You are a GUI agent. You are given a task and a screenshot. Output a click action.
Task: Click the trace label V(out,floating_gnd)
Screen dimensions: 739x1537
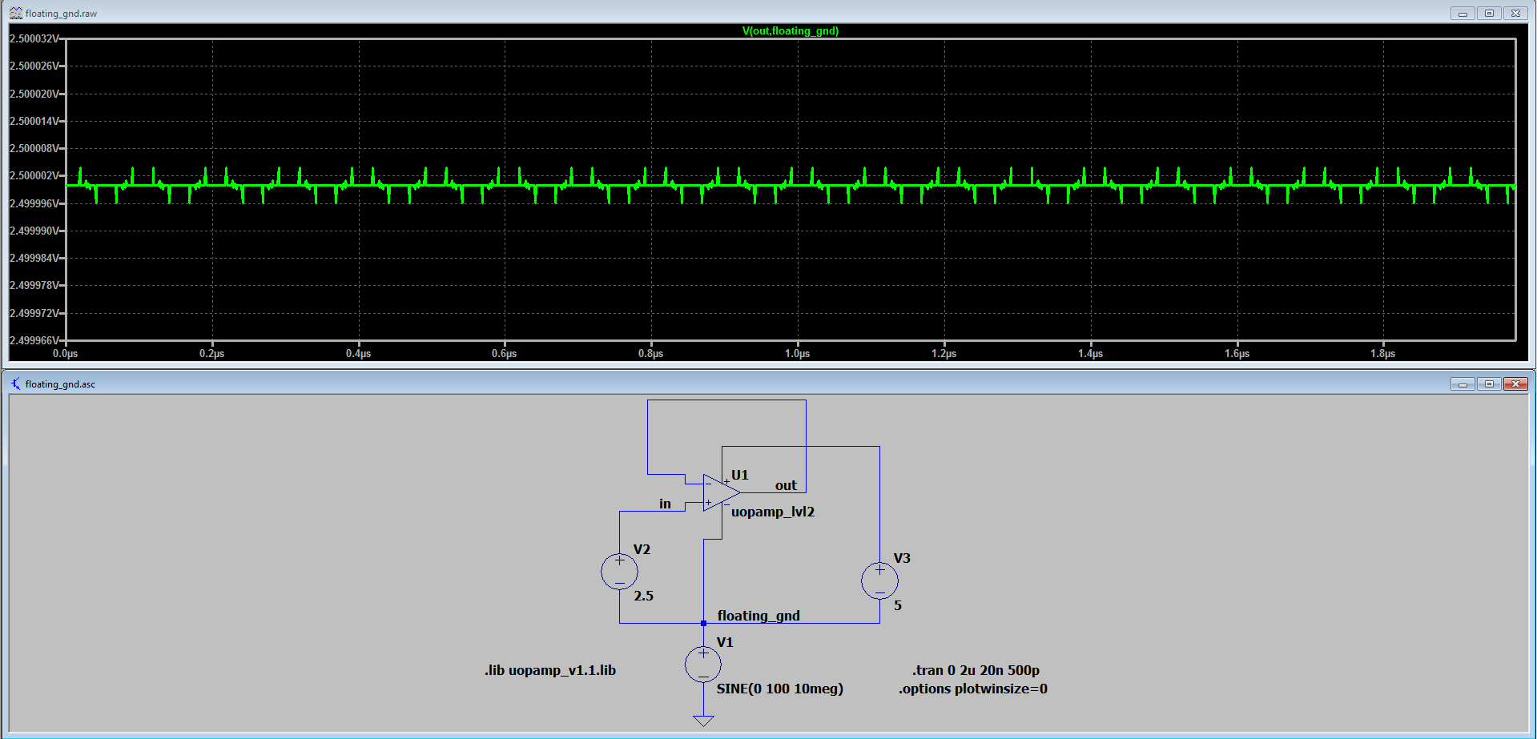[790, 31]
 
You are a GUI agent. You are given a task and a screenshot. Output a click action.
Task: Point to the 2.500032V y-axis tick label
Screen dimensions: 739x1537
[34, 38]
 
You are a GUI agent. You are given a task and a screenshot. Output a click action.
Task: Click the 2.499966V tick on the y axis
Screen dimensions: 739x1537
[34, 340]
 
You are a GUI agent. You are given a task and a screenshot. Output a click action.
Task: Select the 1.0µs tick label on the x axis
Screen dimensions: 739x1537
[797, 353]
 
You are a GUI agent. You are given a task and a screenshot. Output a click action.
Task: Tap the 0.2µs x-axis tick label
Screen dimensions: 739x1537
[211, 353]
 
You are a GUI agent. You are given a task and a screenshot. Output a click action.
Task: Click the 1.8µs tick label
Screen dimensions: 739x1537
[1382, 353]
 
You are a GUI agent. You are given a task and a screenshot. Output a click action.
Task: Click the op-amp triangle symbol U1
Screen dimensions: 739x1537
[719, 492]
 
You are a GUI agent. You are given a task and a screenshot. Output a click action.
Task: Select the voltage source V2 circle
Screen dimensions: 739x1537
[619, 572]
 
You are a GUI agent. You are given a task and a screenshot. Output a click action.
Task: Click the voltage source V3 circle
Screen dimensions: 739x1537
[879, 580]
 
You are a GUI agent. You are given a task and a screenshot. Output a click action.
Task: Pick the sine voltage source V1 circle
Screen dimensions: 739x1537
[703, 665]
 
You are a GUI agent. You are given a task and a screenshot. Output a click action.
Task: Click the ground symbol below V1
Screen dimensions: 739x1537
[703, 721]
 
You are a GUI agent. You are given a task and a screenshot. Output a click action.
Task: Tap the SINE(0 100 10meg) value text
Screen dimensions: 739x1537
[779, 689]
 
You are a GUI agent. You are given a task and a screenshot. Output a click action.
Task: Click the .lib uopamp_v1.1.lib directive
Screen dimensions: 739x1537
[550, 670]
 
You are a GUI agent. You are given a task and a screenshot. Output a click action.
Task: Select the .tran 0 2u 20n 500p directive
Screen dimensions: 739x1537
[976, 670]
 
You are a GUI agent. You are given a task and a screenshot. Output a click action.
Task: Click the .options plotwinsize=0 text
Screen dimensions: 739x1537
[972, 689]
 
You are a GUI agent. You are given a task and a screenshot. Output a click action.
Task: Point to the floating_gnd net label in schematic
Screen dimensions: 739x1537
[758, 616]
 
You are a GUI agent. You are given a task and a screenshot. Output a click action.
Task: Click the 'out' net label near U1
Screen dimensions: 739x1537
[786, 485]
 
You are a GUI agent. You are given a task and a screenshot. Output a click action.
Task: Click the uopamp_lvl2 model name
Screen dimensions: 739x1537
[772, 512]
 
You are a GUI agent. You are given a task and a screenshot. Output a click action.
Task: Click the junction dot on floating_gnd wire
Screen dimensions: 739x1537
[703, 623]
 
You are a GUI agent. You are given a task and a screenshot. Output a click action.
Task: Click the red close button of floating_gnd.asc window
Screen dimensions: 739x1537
[1515, 384]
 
